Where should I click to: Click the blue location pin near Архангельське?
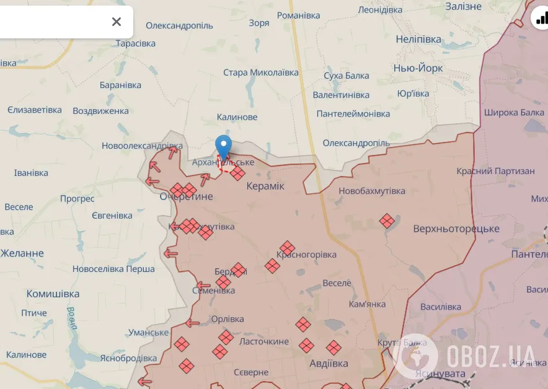tap(223, 146)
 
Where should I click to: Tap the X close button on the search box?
tap(116, 22)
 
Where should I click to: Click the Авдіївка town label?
tap(329, 364)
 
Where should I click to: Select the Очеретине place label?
tap(186, 196)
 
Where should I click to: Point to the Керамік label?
tap(265, 186)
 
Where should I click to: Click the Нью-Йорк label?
tap(418, 68)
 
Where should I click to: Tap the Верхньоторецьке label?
tap(456, 229)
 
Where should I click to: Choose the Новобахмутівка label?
tap(371, 191)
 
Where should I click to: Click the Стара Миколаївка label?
tap(260, 72)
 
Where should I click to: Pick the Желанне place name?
tap(22, 253)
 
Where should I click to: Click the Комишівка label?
tap(53, 294)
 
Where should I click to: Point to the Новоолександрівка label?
tap(143, 146)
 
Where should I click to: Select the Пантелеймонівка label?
tap(353, 114)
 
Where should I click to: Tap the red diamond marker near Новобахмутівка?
tap(387, 221)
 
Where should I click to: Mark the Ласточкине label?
tap(263, 341)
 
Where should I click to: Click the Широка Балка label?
tap(514, 113)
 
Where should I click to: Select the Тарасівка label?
tap(136, 43)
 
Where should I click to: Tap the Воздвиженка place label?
tap(100, 111)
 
